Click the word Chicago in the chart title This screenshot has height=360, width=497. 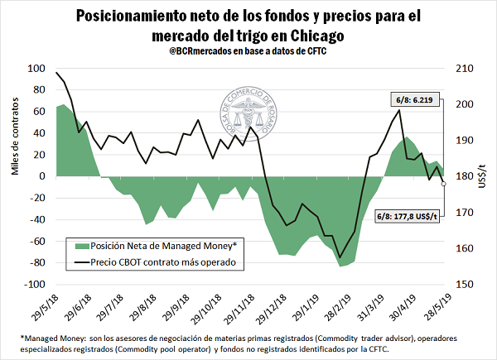coord(311,36)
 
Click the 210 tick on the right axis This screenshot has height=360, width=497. coord(461,69)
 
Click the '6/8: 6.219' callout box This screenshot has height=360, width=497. coord(411,102)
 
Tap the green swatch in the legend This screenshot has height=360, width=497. coord(80,246)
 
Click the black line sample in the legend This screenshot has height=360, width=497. coord(80,262)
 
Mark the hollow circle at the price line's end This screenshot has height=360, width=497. coord(444,184)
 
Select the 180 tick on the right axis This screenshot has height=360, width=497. coord(461,176)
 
